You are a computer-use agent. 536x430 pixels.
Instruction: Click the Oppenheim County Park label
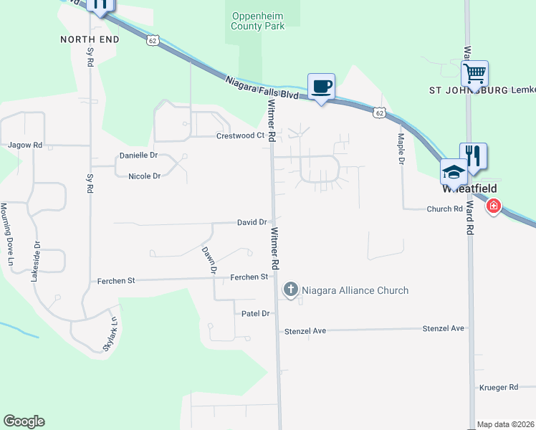click(x=257, y=21)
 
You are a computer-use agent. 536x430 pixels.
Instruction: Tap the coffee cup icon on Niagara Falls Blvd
click(x=321, y=87)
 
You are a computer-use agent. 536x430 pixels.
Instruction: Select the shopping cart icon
click(x=474, y=73)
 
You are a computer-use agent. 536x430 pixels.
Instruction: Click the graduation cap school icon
click(x=453, y=172)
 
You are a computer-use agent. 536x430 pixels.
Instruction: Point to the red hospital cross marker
click(x=493, y=207)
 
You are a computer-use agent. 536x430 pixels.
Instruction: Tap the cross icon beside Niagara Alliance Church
click(x=291, y=290)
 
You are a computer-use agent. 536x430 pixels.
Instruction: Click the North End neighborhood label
click(x=89, y=39)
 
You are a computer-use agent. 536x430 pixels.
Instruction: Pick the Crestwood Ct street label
click(x=241, y=135)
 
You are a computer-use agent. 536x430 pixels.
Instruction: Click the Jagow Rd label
click(x=25, y=145)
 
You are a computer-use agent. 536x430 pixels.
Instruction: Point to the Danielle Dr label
click(x=138, y=156)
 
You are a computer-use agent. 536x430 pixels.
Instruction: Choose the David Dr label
click(x=252, y=223)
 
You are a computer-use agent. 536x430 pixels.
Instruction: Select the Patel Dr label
click(x=254, y=314)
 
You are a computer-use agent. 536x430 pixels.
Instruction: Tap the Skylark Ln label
click(x=109, y=334)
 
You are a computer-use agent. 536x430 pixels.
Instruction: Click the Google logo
click(x=24, y=421)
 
